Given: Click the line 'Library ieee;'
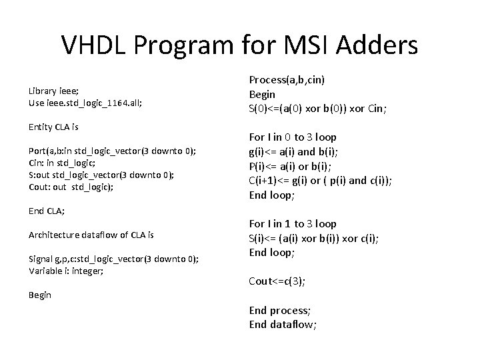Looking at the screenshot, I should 57,89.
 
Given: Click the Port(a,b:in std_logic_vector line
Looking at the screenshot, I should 112,151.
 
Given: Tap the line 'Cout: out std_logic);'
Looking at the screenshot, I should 71,187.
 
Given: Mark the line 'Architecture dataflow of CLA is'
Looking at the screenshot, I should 91,235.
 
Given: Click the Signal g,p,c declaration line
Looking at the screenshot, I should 113,259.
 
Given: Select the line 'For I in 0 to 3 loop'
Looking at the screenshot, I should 292,137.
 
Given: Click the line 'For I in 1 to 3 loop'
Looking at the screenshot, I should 292,224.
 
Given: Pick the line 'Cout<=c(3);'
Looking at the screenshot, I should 277,281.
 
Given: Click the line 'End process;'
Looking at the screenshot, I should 280,310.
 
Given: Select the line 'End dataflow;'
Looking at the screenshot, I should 283,325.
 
